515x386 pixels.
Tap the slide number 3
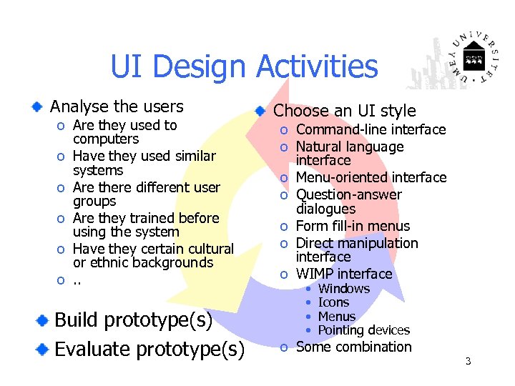(468, 361)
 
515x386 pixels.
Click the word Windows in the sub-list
(344, 289)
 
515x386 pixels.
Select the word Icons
(333, 302)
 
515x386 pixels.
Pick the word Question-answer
(349, 194)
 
